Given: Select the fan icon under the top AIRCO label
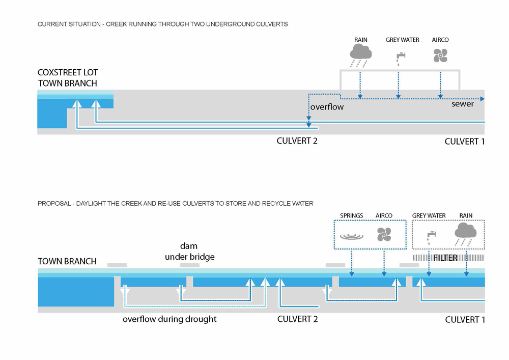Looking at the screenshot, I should [440, 56].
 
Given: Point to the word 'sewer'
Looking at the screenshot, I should [463, 104].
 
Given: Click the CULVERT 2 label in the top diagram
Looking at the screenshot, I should [297, 141].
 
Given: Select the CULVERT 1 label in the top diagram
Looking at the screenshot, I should [464, 141].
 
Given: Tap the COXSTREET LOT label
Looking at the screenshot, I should [67, 73].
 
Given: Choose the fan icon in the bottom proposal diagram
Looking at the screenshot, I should [383, 234].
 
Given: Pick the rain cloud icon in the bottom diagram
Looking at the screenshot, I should [465, 231].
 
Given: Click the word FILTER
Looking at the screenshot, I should [445, 258].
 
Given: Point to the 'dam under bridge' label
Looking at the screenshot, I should [189, 252].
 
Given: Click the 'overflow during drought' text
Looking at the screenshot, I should [169, 319].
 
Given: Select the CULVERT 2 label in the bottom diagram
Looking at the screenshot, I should [298, 319].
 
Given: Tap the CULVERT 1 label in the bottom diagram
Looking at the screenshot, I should [465, 320].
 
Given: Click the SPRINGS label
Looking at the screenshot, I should [352, 216].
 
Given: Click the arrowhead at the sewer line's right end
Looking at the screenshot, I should [482, 99].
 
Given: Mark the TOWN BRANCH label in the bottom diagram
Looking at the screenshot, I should [67, 261].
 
